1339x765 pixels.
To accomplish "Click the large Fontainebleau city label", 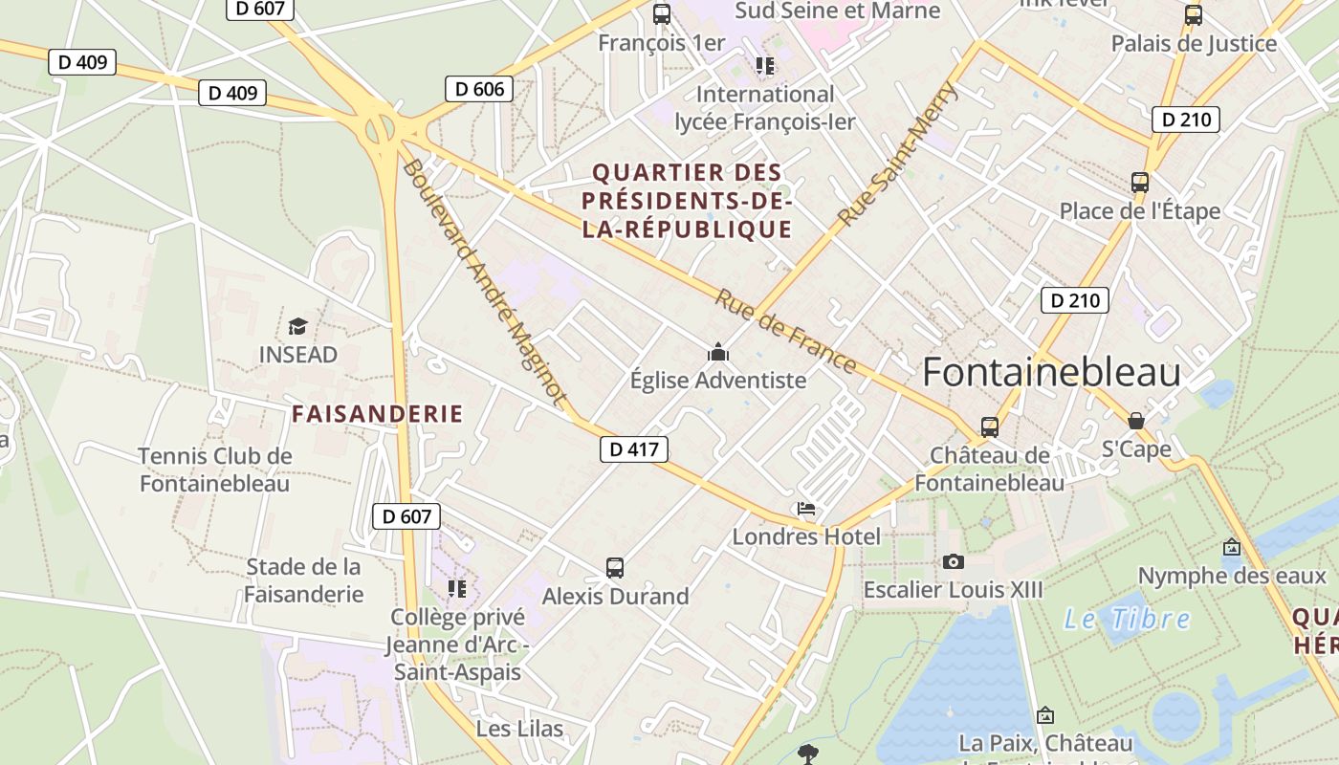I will pyautogui.click(x=1051, y=373).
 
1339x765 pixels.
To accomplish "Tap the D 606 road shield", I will pyautogui.click(x=479, y=89).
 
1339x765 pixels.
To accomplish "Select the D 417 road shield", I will pyautogui.click(x=634, y=448).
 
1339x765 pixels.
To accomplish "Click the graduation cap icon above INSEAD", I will pyautogui.click(x=298, y=327).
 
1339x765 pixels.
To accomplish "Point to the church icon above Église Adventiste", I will pyautogui.click(x=718, y=353).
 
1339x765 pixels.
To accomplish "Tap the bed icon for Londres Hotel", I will pyautogui.click(x=806, y=509).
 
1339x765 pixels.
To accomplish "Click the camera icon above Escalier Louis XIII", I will pyautogui.click(x=953, y=561).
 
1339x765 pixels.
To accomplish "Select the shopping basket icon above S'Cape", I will pyautogui.click(x=1136, y=421).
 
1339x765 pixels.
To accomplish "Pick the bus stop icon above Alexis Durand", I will pyautogui.click(x=615, y=568).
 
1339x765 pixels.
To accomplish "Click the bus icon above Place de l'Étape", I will pyautogui.click(x=1139, y=183).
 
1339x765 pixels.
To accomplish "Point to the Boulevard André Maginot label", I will pyautogui.click(x=484, y=281).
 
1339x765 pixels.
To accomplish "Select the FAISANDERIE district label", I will pyautogui.click(x=377, y=414).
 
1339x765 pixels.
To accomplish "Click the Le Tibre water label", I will pyautogui.click(x=1128, y=619).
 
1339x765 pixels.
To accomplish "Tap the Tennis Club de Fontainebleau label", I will pyautogui.click(x=214, y=470).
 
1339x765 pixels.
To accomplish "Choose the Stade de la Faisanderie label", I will pyautogui.click(x=304, y=580).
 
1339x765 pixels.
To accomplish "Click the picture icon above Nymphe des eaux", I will pyautogui.click(x=1232, y=548).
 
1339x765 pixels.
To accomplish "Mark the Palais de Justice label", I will pyautogui.click(x=1194, y=43).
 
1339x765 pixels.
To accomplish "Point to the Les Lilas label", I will pyautogui.click(x=519, y=729).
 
